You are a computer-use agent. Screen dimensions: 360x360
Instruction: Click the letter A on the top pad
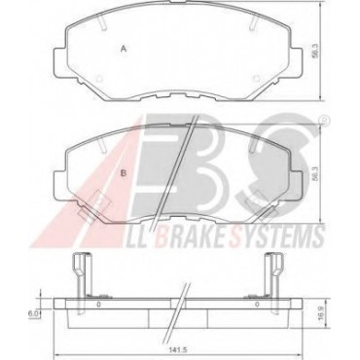pos(124,49)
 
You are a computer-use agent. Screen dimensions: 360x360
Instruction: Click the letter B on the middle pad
pos(124,173)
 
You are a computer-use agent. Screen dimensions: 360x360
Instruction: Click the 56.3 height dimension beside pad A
pos(314,52)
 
